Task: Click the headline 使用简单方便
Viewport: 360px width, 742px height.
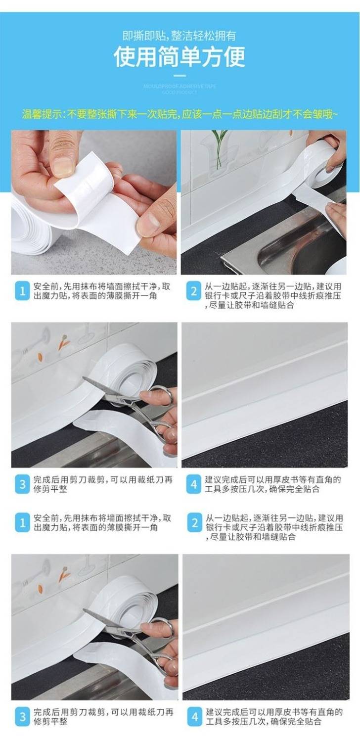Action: coord(180,57)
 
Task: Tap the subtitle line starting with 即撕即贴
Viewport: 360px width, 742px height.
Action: coord(180,36)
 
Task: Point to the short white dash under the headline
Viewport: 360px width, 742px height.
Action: coord(180,76)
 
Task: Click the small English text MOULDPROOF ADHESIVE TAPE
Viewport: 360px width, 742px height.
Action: coord(180,86)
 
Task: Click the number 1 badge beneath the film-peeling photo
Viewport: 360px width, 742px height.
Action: coord(21,291)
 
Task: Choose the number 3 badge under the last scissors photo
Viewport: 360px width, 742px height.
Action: coord(21,716)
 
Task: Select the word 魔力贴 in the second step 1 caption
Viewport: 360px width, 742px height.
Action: coord(52,528)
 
